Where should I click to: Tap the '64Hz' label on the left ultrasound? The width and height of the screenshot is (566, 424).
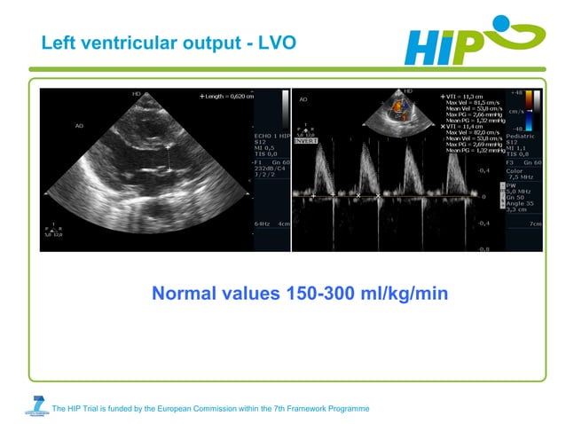[263, 224]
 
